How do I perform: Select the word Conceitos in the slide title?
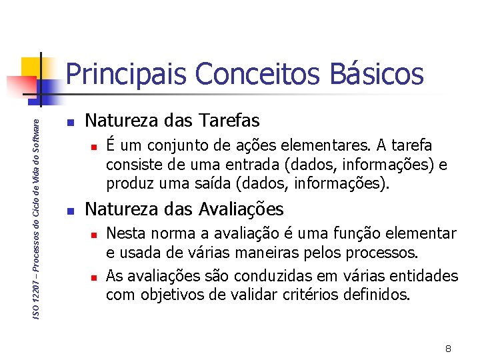pos(252,74)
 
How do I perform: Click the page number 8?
pos(449,349)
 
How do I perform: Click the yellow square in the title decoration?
pos(31,67)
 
